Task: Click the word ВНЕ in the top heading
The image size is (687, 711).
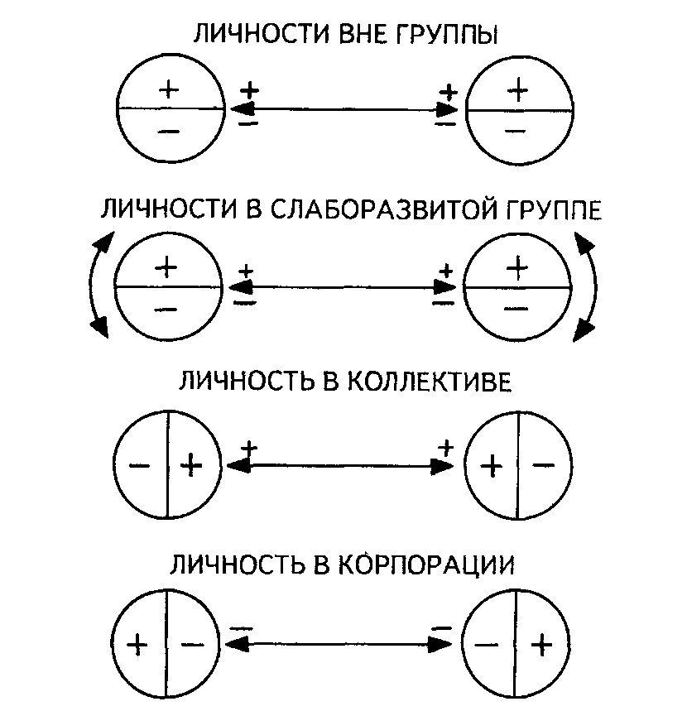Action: point(363,34)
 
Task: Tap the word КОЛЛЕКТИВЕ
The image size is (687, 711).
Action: point(430,382)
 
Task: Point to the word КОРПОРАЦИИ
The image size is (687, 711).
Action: point(427,564)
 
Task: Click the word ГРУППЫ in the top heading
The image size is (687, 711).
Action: point(447,34)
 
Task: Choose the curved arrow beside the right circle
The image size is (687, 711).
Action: point(587,286)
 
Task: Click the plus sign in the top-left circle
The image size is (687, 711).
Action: point(169,89)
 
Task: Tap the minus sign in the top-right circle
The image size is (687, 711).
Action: point(516,132)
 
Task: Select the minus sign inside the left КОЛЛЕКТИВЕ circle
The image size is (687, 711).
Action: point(139,465)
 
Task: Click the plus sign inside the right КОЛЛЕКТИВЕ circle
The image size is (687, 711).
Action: point(491,467)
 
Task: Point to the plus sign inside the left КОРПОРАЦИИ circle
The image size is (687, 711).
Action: point(137,644)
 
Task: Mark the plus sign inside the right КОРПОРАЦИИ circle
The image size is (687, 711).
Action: point(541,645)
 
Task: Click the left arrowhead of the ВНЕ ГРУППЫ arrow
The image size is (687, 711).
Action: point(240,109)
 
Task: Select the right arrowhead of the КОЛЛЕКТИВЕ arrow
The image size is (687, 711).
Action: point(442,466)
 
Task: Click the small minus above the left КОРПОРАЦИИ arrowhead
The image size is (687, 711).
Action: point(241,628)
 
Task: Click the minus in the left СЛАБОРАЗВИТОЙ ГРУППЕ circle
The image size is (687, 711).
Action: point(166,310)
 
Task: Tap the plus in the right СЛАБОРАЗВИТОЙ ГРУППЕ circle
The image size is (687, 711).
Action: point(517,267)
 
